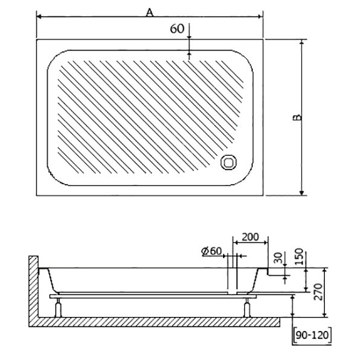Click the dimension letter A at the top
tap(150, 12)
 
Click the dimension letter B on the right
tap(298, 118)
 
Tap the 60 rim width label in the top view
tap(177, 28)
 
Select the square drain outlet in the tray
tap(228, 162)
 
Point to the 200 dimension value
tap(250, 237)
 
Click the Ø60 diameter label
tap(212, 251)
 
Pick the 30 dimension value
tap(278, 258)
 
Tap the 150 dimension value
tap(299, 257)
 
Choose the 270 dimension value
tap(318, 292)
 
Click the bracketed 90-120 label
tap(312, 335)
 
